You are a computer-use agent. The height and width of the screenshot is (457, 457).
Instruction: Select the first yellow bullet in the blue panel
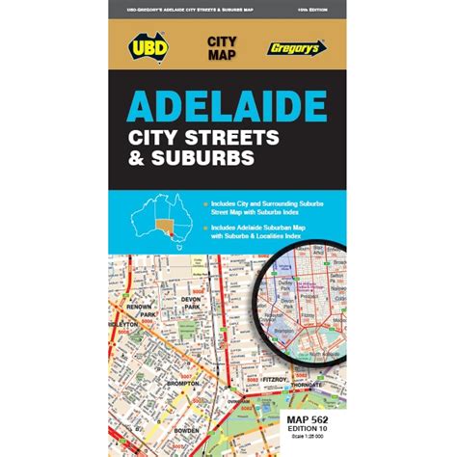coord(206,203)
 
